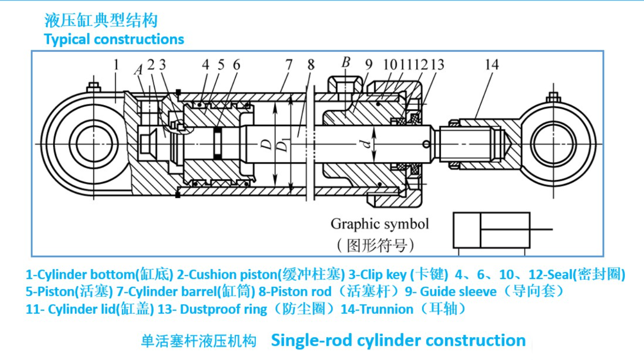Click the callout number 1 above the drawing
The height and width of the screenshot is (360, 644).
click(116, 65)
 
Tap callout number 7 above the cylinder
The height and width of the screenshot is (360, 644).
click(288, 65)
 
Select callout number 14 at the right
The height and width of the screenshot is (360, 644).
click(491, 65)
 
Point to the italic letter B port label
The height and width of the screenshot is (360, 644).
click(345, 62)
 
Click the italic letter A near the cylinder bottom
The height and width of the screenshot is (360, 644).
click(138, 70)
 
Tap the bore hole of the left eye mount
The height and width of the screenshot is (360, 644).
click(93, 143)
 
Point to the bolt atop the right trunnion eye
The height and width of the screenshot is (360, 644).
click(553, 98)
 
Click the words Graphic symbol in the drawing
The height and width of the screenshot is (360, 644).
click(379, 224)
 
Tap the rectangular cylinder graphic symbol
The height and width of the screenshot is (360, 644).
click(492, 230)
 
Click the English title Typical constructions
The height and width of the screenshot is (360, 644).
click(114, 39)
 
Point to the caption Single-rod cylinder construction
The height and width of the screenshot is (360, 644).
click(398, 340)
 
